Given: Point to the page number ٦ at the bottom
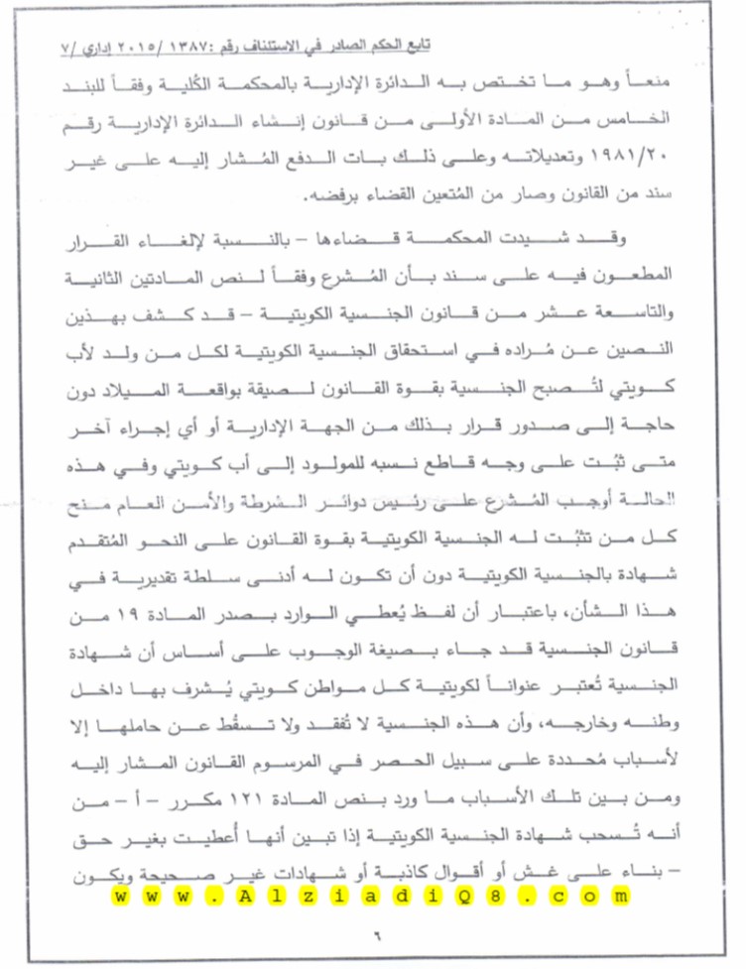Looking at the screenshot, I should (377, 930).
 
